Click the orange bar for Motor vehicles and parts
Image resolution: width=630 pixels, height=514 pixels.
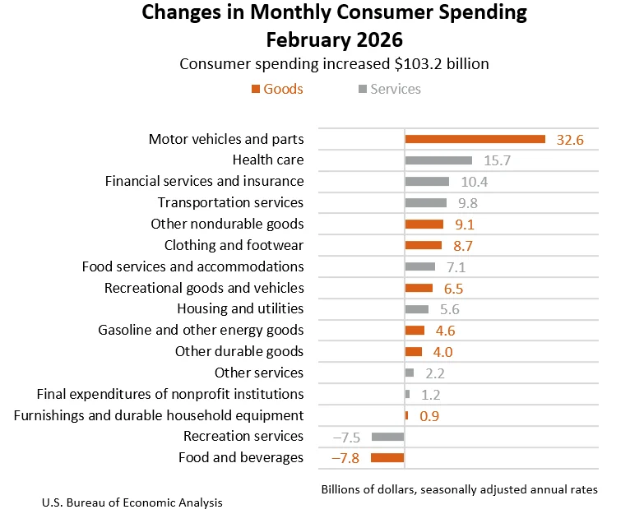pos(475,139)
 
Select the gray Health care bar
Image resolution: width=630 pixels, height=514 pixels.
pos(438,160)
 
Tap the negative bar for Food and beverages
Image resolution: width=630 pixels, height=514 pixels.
pos(387,457)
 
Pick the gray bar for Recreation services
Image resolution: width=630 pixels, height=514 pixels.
pos(388,436)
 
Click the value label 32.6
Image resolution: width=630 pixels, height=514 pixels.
pos(570,140)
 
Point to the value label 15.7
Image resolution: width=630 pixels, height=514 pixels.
pos(497,160)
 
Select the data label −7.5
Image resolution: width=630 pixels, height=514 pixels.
pos(346,437)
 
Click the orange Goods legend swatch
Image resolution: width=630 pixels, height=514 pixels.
pos(256,89)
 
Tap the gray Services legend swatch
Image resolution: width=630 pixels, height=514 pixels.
pos(362,89)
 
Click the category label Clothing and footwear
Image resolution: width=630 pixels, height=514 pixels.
pos(234,245)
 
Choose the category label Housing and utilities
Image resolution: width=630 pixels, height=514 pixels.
pos(240,308)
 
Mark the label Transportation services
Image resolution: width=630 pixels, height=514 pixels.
pos(230,202)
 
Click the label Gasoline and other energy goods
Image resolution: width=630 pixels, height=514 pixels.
pos(201,330)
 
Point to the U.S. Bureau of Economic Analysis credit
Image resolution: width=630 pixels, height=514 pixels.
pos(132,502)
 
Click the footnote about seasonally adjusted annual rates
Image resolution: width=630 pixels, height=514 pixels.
pos(459,489)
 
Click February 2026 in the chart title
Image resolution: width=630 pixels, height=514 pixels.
pos(335,39)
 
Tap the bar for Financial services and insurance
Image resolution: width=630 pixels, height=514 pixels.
pos(427,182)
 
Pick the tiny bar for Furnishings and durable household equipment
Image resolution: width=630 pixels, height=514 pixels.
pos(406,415)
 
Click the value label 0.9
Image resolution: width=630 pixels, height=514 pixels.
pos(429,416)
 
